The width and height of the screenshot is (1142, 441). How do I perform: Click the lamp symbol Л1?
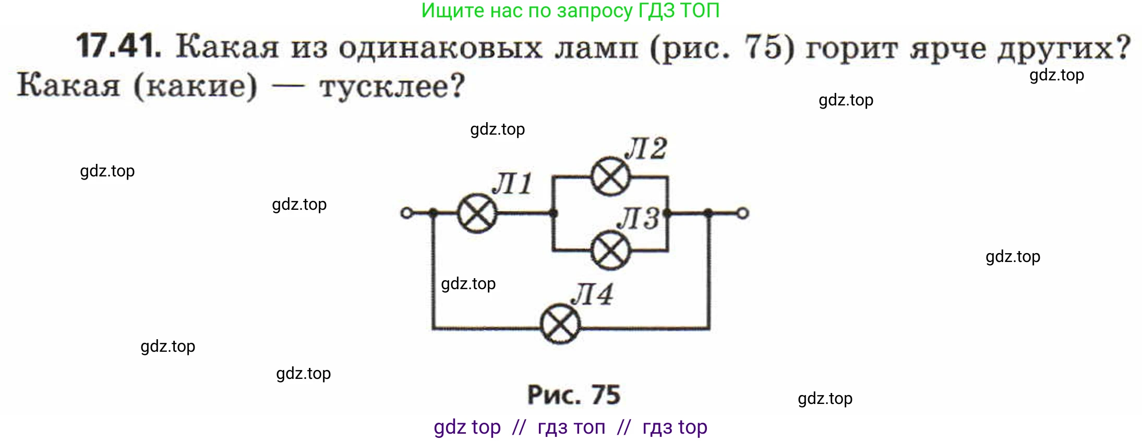click(477, 213)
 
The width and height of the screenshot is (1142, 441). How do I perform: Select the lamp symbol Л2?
click(610, 177)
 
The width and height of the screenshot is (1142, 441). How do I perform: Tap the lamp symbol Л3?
click(610, 251)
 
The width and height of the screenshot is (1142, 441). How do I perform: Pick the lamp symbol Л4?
click(560, 324)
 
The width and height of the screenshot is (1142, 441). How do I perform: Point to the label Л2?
click(646, 149)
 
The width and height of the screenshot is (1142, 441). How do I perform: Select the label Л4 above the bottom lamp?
click(592, 294)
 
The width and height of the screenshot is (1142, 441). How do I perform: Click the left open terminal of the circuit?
click(406, 213)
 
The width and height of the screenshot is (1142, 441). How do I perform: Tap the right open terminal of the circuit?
click(742, 213)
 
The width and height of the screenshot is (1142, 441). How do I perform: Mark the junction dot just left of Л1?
click(432, 213)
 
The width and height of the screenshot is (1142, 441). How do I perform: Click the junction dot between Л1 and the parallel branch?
click(554, 213)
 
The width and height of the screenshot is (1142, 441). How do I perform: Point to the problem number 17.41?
click(118, 46)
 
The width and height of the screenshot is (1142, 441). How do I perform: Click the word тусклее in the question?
click(392, 87)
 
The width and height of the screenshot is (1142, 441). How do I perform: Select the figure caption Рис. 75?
click(573, 395)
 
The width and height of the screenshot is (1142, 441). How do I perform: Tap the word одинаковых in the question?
click(440, 48)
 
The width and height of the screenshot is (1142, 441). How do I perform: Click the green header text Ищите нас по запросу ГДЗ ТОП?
click(570, 10)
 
